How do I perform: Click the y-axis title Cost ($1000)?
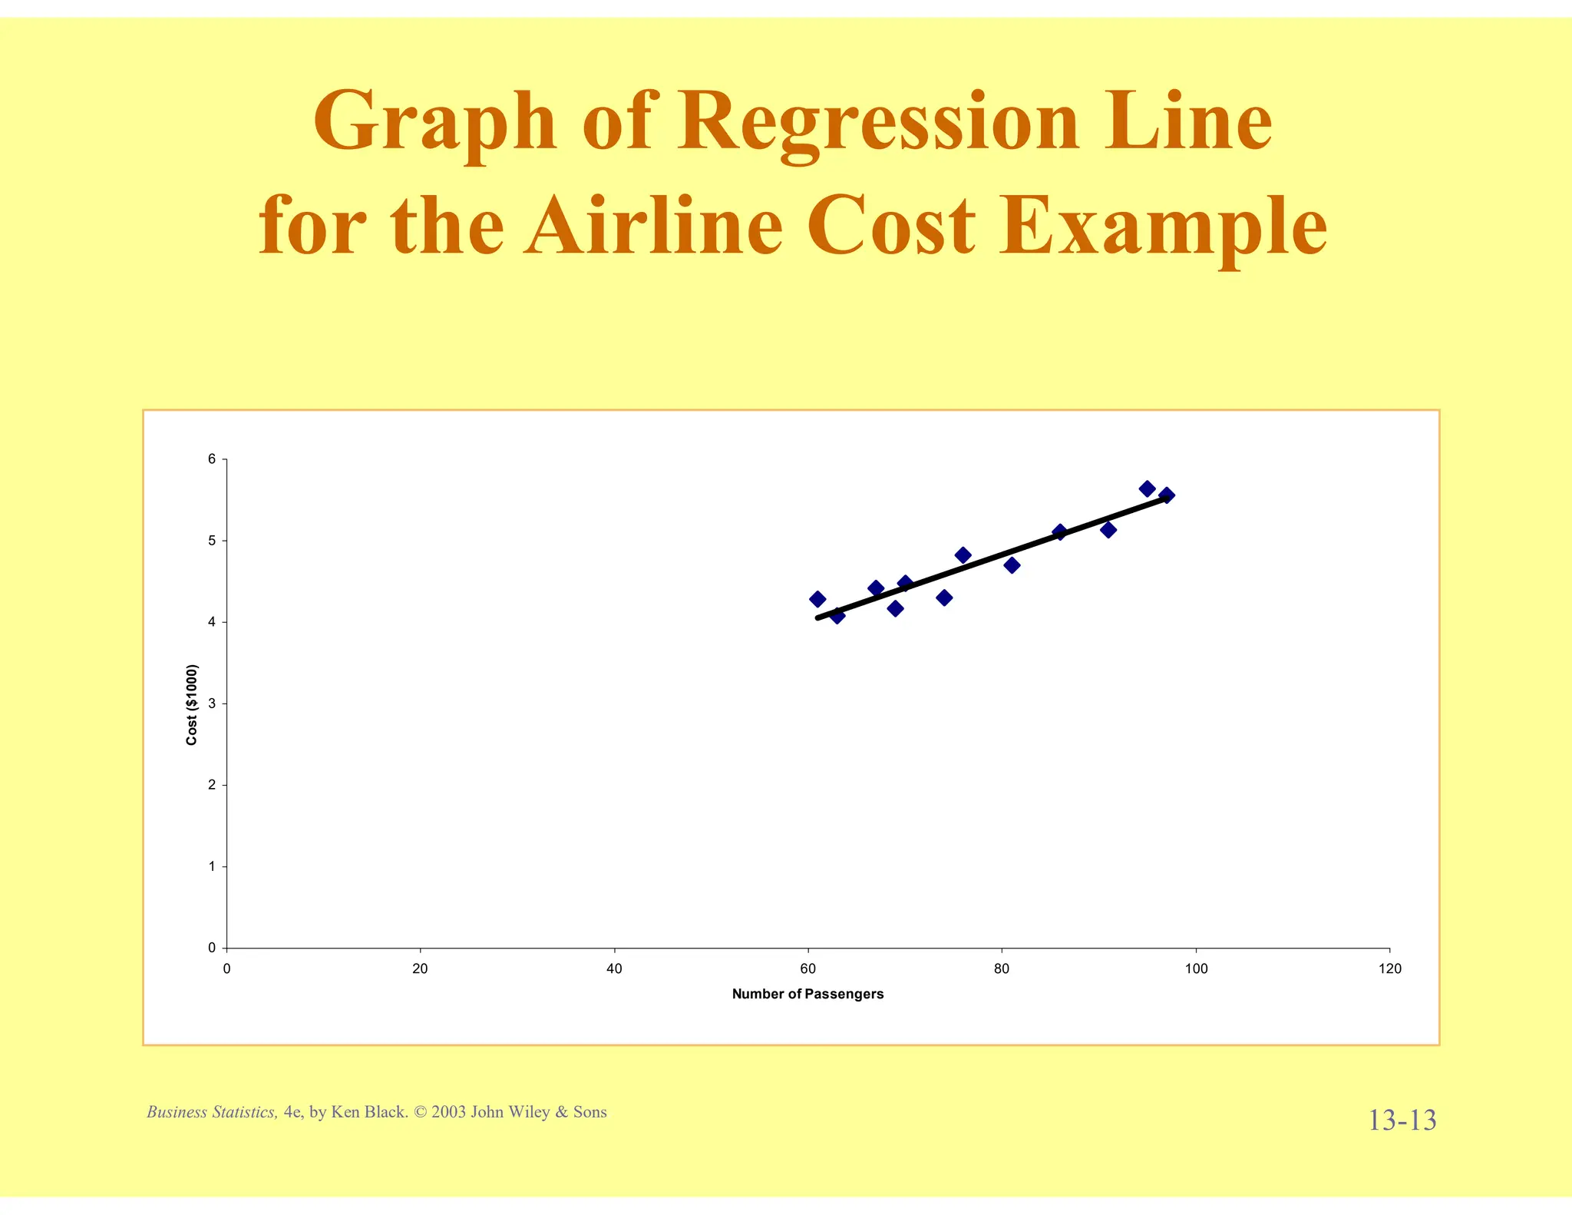point(192,704)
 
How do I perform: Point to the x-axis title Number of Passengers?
point(807,994)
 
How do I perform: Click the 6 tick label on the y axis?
point(212,459)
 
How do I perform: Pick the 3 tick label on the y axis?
point(212,704)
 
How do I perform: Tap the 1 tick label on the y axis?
point(212,866)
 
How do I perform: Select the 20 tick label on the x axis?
point(420,969)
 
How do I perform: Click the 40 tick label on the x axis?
point(614,969)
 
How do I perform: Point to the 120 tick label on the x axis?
point(1389,969)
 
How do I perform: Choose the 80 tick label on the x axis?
point(1002,969)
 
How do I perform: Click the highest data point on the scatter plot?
point(1147,488)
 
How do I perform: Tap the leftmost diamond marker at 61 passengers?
point(817,599)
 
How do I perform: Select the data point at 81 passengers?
point(1012,565)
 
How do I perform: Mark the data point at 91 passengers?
point(1108,530)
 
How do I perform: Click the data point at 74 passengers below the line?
point(944,598)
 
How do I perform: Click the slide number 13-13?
point(1402,1121)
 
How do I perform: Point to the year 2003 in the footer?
point(449,1112)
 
